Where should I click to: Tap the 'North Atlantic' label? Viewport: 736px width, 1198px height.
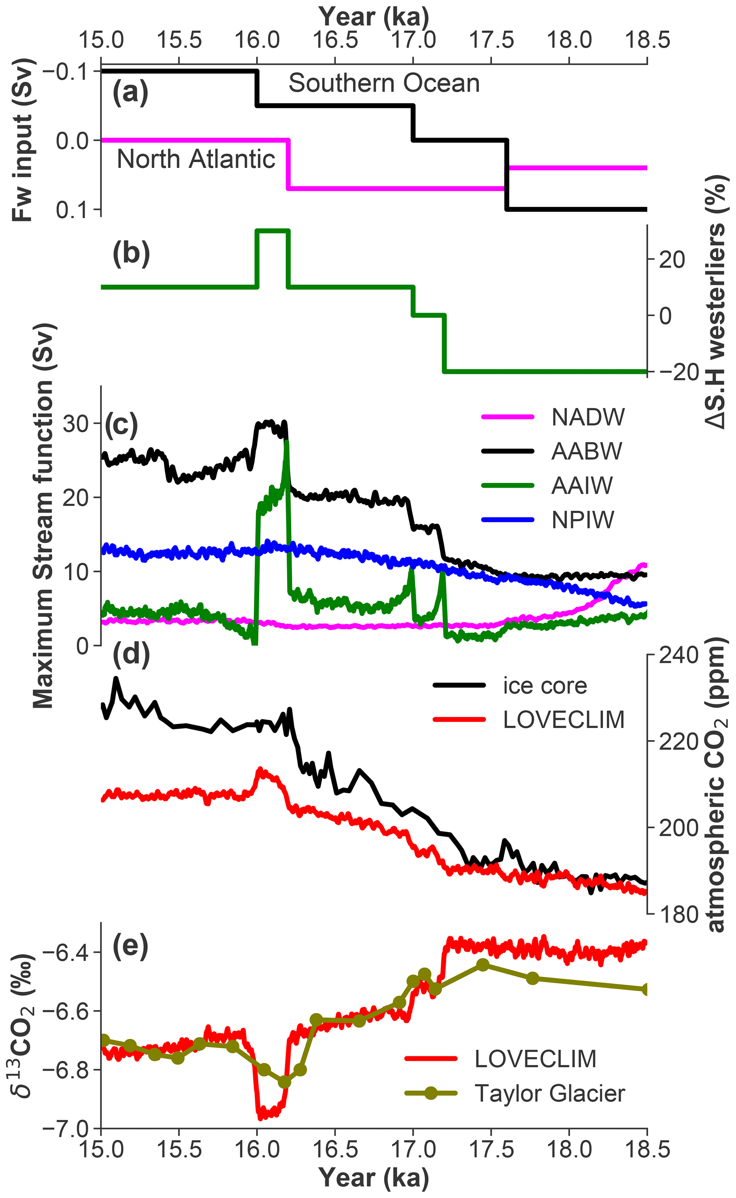(x=196, y=159)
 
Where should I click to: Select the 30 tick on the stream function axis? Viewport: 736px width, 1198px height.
(x=75, y=423)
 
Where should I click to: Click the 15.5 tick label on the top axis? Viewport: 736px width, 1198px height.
(x=179, y=40)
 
